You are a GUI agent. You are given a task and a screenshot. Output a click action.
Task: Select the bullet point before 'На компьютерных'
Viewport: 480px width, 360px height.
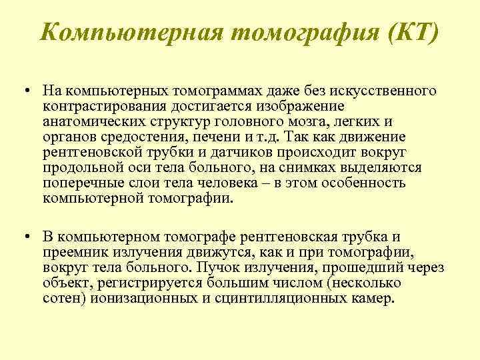click(24, 89)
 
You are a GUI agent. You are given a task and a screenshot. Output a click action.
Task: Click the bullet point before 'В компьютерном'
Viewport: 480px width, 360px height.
click(24, 238)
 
